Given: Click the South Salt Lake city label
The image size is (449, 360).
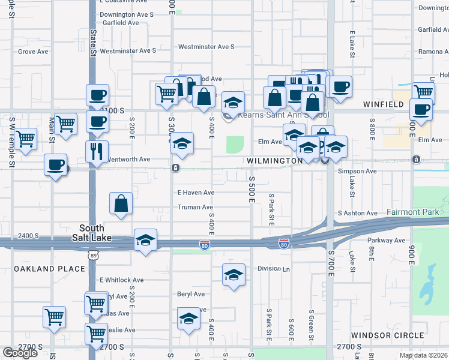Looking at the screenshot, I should pos(92,232).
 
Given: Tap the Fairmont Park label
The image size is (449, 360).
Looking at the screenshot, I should pos(412,212).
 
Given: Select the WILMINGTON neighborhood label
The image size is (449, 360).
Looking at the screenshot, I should pos(273,161).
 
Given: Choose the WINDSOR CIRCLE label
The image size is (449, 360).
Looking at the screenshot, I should pos(388,335).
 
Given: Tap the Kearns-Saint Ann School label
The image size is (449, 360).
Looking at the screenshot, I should pos(283,115).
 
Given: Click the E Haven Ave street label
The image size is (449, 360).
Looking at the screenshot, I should pos(196,193).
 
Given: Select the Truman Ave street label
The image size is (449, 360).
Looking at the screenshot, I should pos(195,208).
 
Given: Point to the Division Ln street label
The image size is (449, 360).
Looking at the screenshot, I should pos(273,269).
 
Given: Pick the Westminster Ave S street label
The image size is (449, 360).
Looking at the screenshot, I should pos(206,47).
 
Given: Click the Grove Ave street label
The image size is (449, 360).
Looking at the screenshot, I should pos(33,52).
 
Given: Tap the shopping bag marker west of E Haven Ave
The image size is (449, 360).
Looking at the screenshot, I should pos(121,203).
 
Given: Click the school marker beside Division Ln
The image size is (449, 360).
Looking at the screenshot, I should pos(234,275).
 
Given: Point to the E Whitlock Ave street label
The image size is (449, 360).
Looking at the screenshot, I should pos(122,280).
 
